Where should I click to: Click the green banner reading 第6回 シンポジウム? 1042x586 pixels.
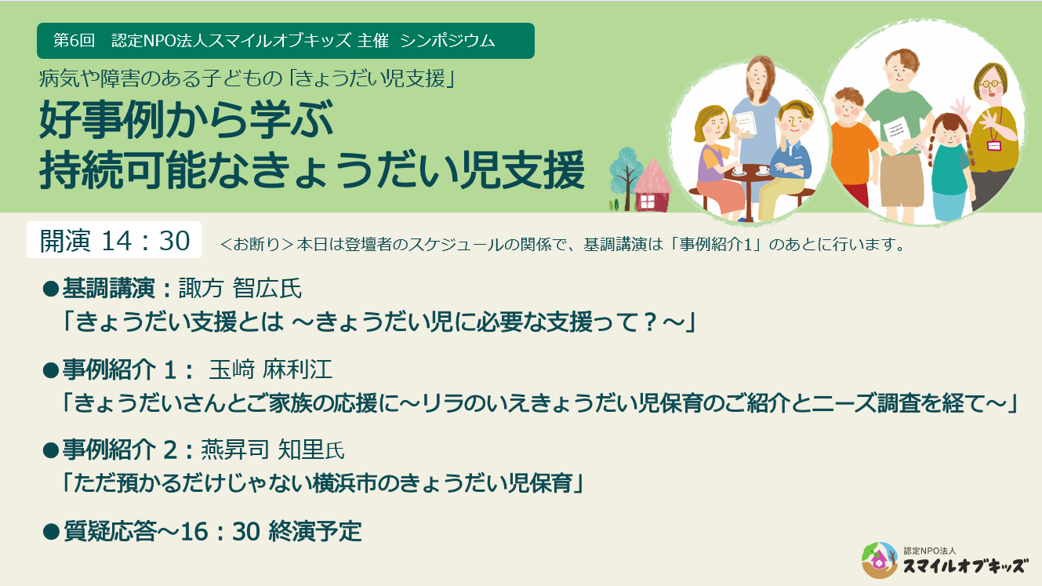285,41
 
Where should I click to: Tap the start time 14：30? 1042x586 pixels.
147,241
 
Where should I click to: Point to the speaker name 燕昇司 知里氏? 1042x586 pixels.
273,450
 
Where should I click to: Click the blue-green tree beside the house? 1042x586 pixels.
624,169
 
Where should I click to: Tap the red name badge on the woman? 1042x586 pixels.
993,145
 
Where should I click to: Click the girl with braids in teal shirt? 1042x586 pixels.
949,165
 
